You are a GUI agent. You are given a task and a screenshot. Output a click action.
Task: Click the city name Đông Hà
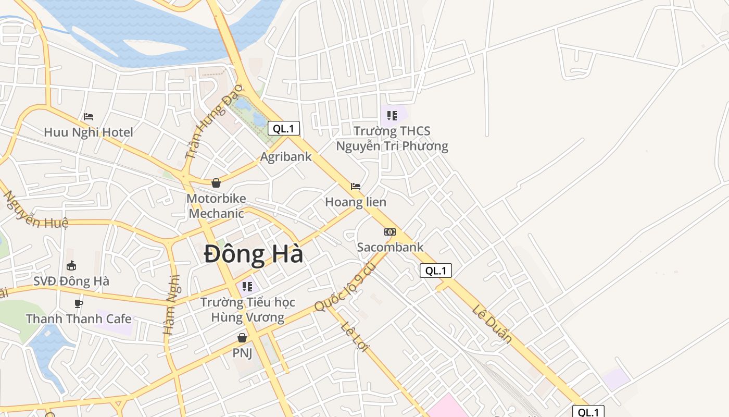[254, 255]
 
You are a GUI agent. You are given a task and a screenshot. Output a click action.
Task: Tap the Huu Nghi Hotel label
[89, 132]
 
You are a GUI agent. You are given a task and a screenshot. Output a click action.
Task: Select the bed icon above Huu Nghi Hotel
[89, 117]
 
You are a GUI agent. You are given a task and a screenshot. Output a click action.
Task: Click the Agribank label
[286, 156]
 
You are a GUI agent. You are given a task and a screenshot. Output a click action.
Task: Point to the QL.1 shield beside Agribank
[284, 128]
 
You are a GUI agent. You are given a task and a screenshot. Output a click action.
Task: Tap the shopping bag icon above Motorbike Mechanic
[216, 183]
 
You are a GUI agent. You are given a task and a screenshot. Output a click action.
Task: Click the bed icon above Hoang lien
[356, 186]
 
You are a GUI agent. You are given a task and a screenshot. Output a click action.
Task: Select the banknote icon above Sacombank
[390, 232]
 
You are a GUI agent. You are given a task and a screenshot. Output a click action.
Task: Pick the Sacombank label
[390, 247]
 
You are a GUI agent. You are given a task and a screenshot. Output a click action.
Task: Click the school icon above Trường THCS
[392, 115]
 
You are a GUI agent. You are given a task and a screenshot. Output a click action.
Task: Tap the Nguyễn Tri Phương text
[392, 146]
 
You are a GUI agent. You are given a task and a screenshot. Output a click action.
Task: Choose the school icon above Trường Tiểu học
[247, 286]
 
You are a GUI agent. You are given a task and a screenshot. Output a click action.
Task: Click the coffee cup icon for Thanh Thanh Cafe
[79, 303]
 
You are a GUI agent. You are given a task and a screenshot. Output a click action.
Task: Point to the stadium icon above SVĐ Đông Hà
[71, 266]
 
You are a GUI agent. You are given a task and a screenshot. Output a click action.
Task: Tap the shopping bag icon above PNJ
[242, 338]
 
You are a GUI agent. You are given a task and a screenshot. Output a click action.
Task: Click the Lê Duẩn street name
[492, 324]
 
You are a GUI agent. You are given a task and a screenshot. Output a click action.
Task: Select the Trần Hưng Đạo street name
[213, 121]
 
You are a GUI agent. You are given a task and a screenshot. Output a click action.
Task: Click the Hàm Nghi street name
[171, 304]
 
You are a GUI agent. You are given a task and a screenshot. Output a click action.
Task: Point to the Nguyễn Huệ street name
[35, 211]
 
